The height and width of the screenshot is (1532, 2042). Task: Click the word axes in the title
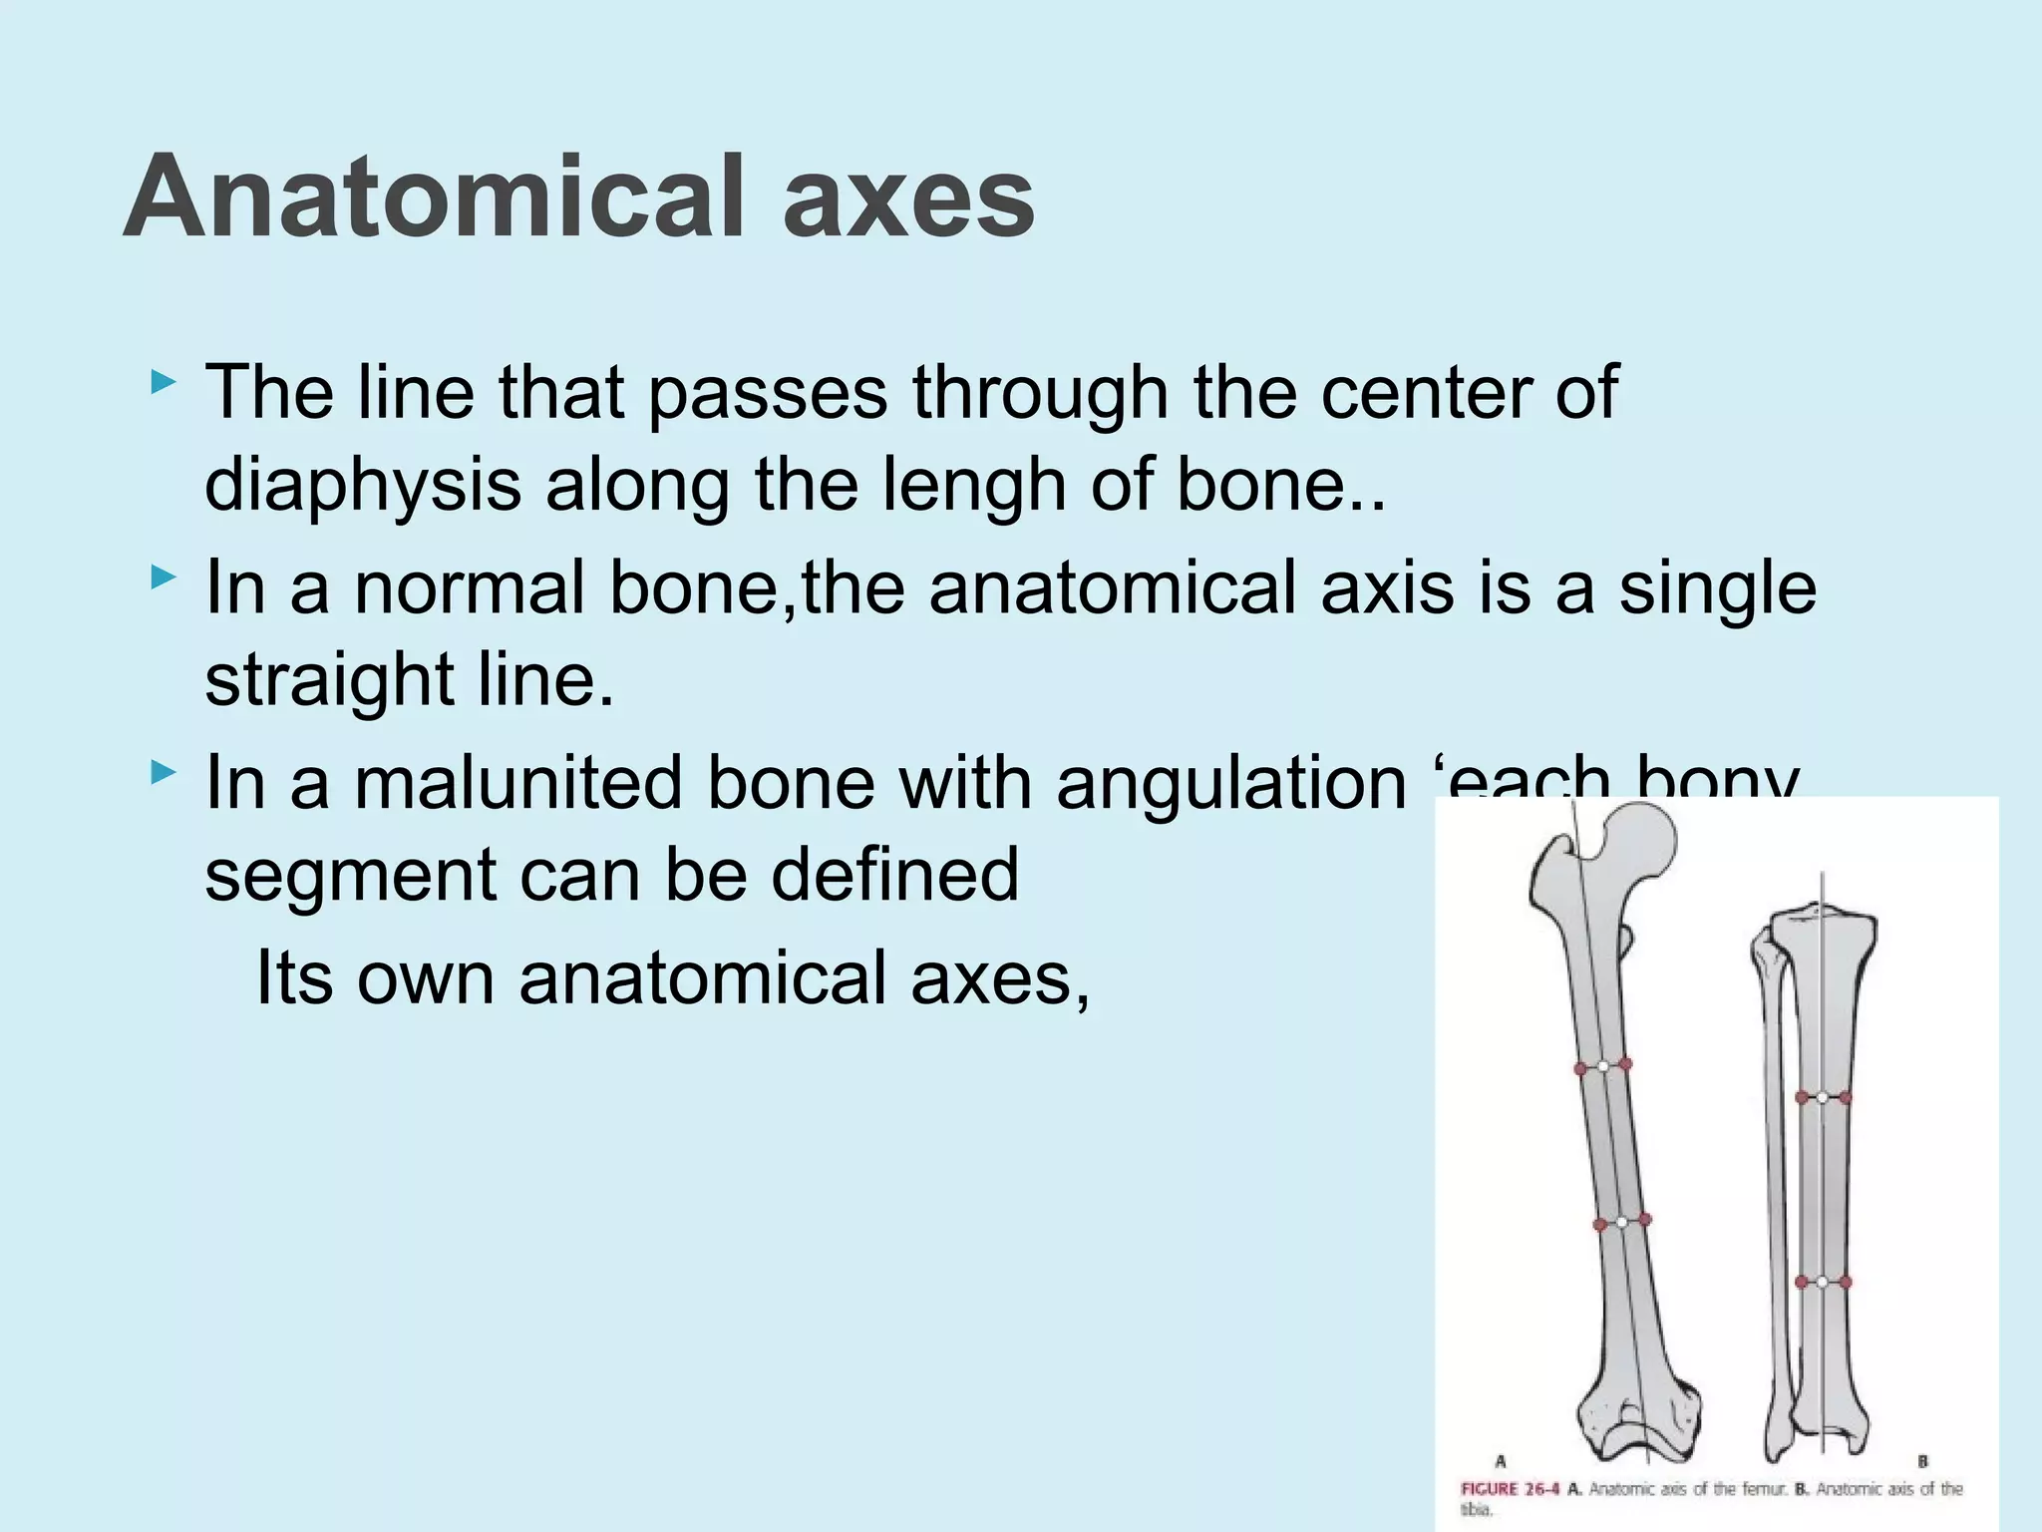pos(908,196)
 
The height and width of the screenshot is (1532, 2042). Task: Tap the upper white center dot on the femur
pos(1602,1066)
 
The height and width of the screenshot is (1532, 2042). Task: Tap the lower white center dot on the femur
pos(1622,1222)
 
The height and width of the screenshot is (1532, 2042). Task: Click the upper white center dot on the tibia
pos(1822,1097)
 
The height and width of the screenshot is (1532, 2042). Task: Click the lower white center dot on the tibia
pos(1822,1282)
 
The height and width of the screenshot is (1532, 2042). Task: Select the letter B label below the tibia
pos(1922,1462)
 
